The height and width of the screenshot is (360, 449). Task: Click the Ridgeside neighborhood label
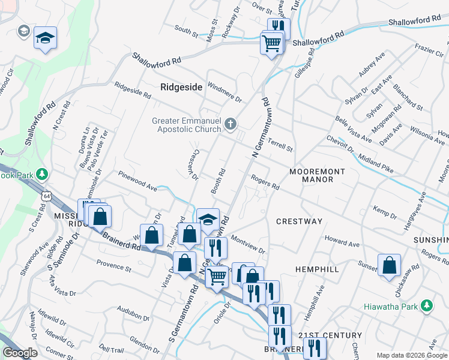point(181,87)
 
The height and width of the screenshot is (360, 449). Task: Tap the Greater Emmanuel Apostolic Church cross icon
point(230,125)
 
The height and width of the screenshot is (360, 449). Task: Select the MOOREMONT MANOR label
point(317,175)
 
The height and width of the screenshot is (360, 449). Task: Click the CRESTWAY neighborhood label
point(299,221)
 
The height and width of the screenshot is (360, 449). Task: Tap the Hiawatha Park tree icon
point(427,306)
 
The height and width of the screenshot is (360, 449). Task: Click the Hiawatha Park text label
point(389,307)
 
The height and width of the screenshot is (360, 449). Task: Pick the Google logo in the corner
point(20,353)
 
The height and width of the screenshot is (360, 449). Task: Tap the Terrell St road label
point(280,145)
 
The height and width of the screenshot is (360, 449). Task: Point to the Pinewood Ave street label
point(137,182)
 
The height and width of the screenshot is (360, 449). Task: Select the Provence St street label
point(113,265)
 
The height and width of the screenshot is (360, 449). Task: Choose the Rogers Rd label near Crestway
point(265,183)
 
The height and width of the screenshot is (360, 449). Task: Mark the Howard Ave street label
point(342,242)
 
